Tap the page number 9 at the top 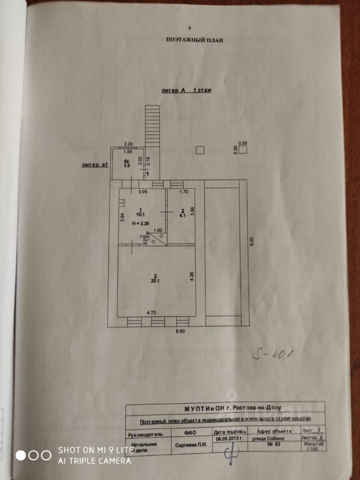[189, 29]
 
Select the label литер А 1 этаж [185, 90]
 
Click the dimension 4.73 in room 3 [151, 312]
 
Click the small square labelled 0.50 [200, 149]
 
